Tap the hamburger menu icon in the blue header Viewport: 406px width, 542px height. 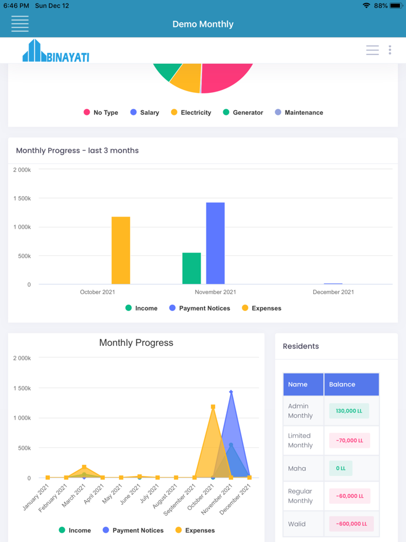pos(20,24)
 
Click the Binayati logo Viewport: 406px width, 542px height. pos(56,51)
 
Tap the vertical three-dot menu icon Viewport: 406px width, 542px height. pos(390,50)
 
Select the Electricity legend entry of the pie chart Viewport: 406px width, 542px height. pos(191,113)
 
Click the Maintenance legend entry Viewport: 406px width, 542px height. pos(299,113)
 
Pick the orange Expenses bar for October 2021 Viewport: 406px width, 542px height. pos(121,250)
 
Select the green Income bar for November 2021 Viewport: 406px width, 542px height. pos(191,268)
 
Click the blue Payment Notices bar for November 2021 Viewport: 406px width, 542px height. pos(215,243)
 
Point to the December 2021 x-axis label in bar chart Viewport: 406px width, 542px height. pos(333,292)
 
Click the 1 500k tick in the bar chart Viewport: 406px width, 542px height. pos(22,198)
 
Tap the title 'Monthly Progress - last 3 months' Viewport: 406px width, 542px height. pos(77,150)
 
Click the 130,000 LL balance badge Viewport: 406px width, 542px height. pos(349,411)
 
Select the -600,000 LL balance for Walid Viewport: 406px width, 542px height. pos(351,524)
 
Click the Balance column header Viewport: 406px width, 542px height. pos(342,384)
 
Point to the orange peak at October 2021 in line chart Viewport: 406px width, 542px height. pos(213,407)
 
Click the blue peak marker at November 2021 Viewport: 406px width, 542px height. pos(231,392)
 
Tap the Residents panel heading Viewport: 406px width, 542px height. pos(300,346)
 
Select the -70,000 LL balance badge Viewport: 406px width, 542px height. pos(349,440)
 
